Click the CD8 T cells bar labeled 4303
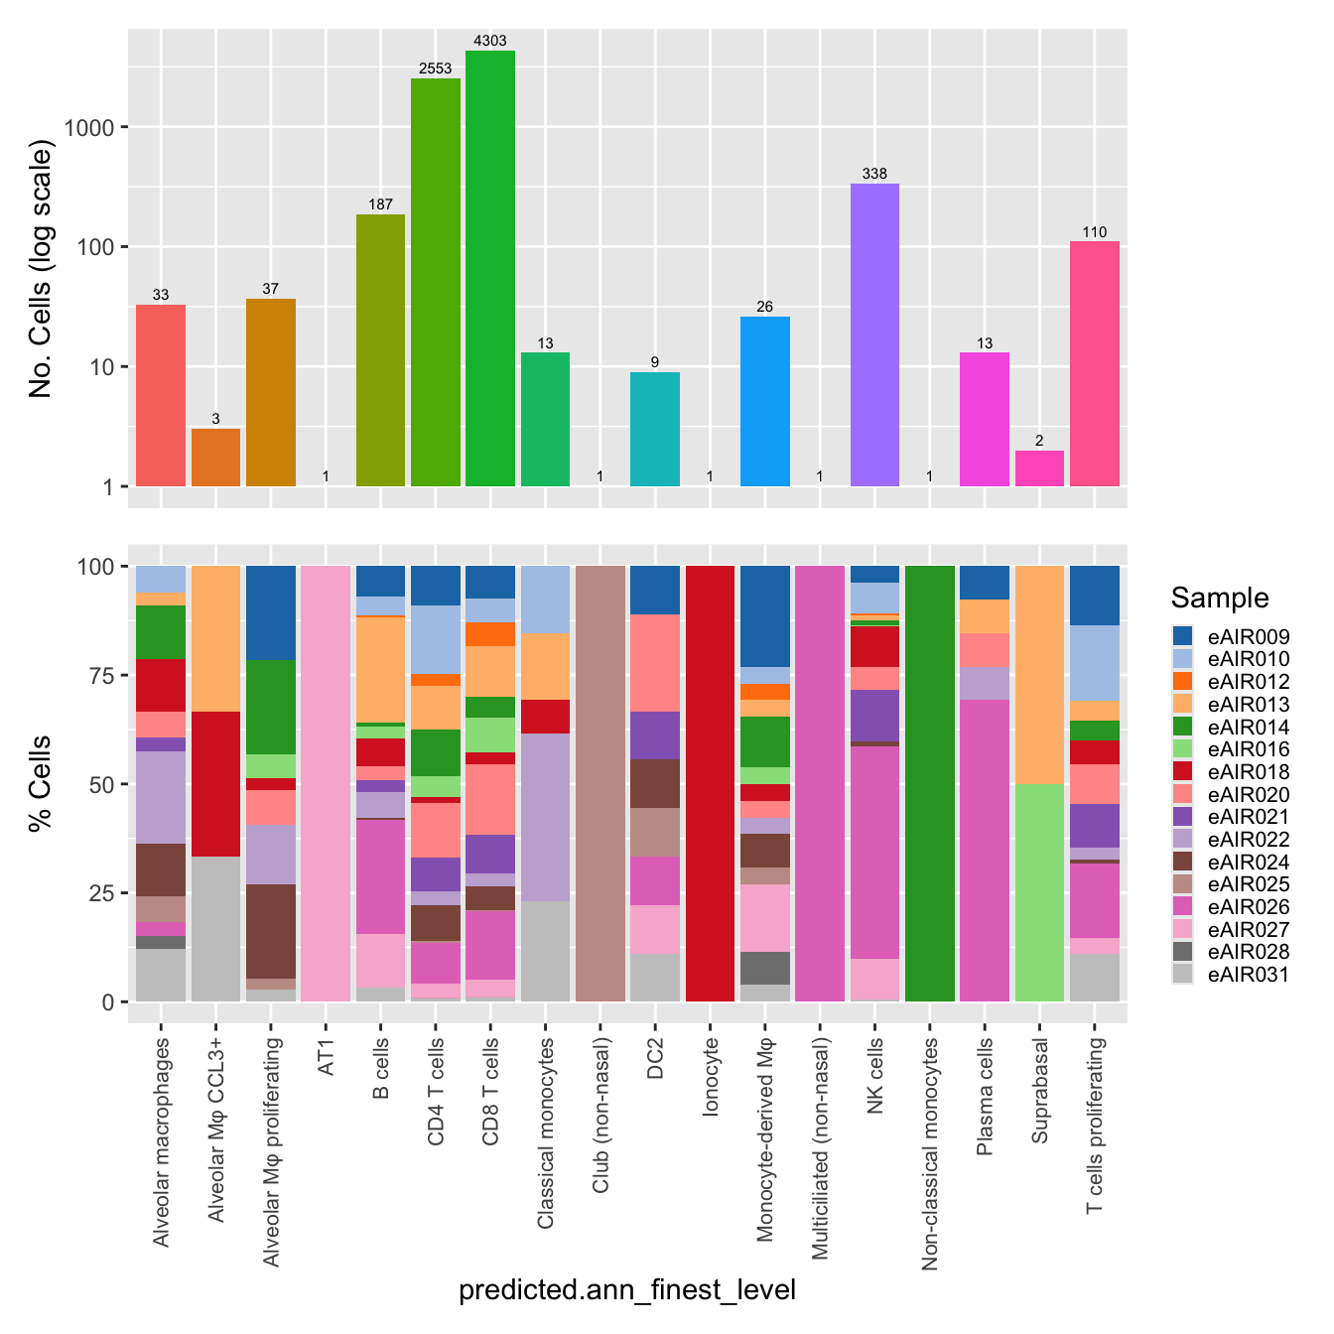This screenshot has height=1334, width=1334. pyautogui.click(x=490, y=268)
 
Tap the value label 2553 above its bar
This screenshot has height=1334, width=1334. pyautogui.click(x=435, y=68)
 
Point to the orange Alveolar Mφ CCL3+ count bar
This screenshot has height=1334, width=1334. pyautogui.click(x=215, y=458)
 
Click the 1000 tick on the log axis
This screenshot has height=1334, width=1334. pyautogui.click(x=89, y=127)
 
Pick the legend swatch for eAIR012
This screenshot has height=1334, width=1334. pyautogui.click(x=1182, y=682)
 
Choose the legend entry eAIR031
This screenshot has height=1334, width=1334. pyautogui.click(x=1248, y=975)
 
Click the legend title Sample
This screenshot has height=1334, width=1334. pyautogui.click(x=1219, y=598)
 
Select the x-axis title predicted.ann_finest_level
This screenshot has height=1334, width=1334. pyautogui.click(x=627, y=1289)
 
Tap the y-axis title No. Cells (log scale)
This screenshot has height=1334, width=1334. pyautogui.click(x=41, y=269)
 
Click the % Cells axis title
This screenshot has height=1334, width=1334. pyautogui.click(x=41, y=783)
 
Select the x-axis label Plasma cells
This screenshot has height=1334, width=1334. pyautogui.click(x=985, y=1097)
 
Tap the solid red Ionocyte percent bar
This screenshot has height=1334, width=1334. pyautogui.click(x=710, y=783)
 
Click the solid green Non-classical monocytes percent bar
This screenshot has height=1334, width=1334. pyautogui.click(x=930, y=783)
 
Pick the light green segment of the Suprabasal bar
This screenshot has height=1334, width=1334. pyautogui.click(x=1039, y=892)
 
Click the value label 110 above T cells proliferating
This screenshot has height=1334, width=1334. pyautogui.click(x=1094, y=232)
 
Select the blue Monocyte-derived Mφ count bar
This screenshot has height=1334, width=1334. pyautogui.click(x=765, y=401)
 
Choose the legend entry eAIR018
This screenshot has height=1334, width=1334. pyautogui.click(x=1248, y=772)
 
